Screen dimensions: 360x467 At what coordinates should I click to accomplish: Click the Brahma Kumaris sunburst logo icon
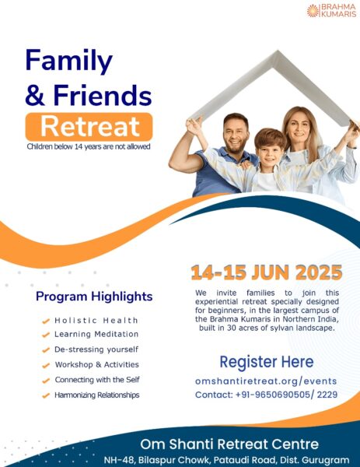[313, 11]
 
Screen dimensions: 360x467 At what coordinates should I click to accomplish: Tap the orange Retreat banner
[89, 127]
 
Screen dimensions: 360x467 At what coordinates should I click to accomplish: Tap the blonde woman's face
[299, 129]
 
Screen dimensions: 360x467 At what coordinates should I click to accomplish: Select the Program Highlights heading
[94, 297]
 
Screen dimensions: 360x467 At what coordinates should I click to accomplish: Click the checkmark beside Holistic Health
[46, 321]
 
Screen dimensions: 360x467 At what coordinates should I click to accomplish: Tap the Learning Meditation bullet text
[96, 334]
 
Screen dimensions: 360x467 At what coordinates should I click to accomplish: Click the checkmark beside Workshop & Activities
[46, 365]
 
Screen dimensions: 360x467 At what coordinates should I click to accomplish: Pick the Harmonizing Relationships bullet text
[97, 395]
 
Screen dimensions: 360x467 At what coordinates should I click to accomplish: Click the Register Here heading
[267, 362]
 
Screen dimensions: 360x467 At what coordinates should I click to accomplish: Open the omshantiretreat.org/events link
[266, 381]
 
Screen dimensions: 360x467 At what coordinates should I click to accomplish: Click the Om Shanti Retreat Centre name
[229, 444]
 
